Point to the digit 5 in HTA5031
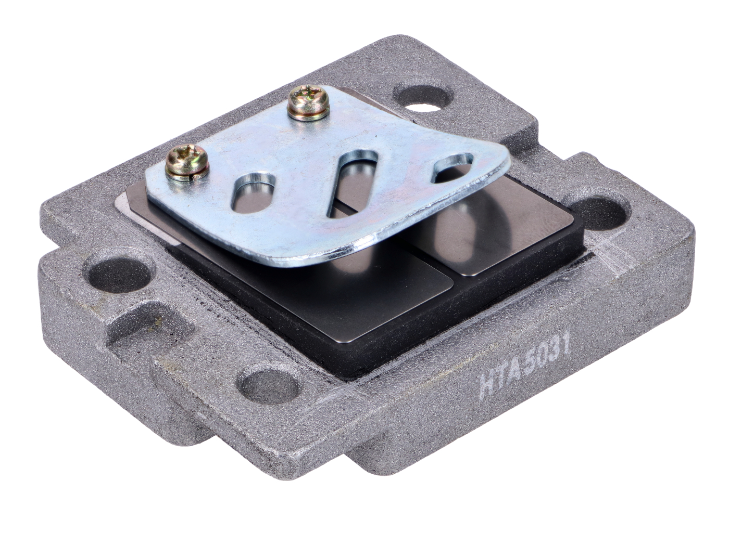click(529, 367)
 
